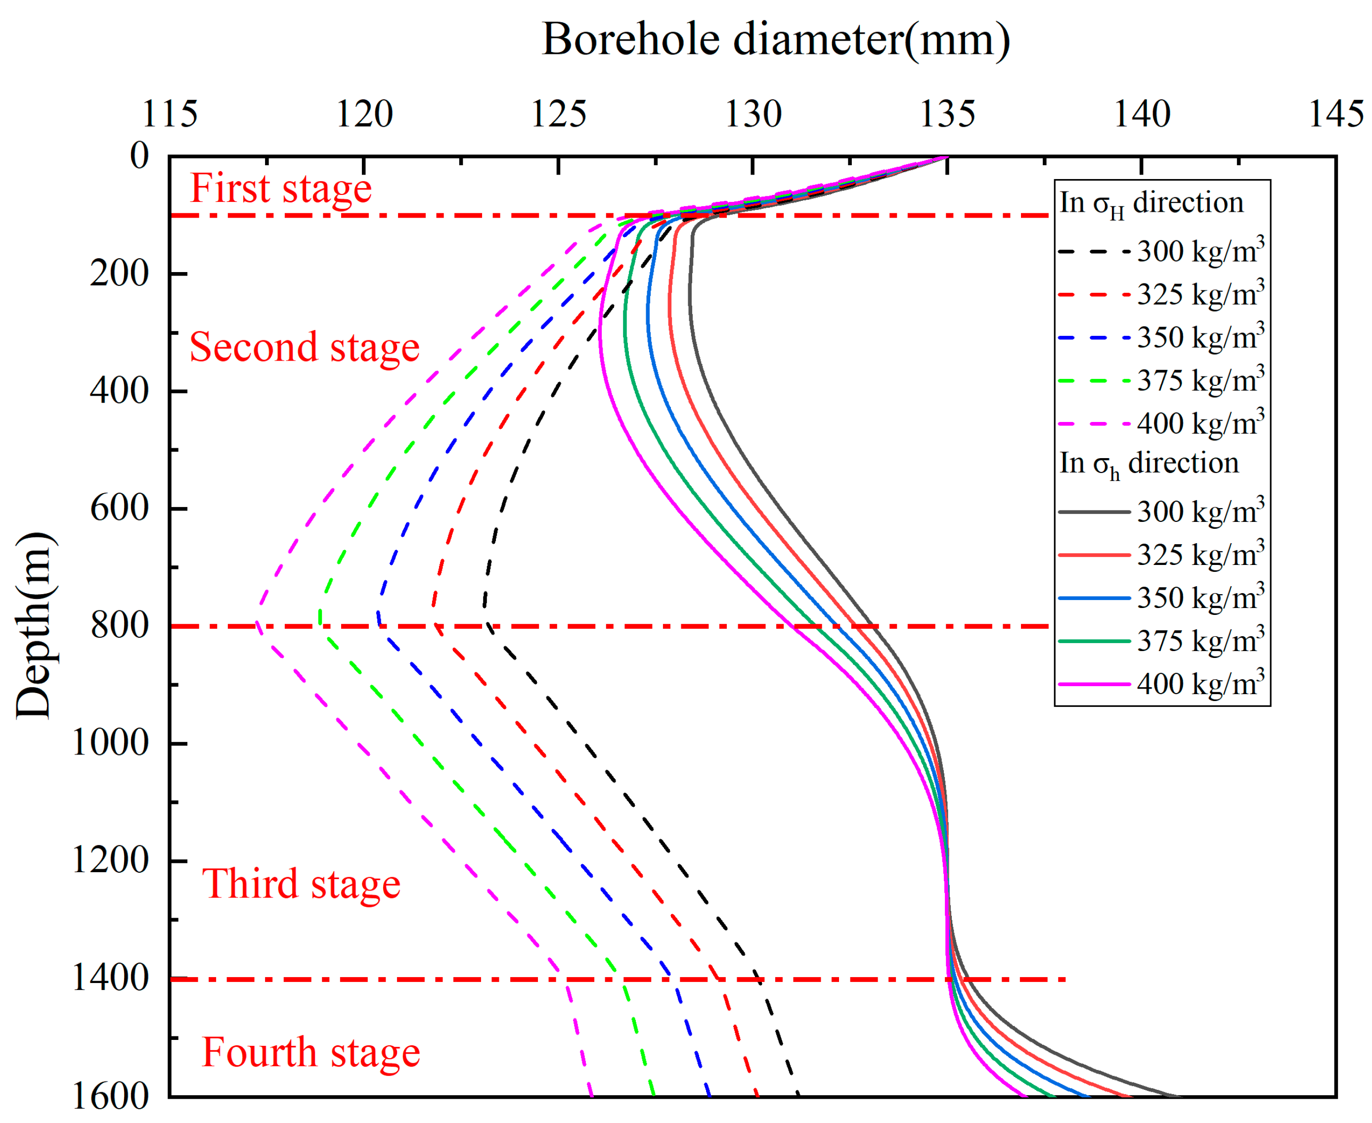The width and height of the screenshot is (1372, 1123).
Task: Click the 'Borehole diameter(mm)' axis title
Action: coord(775,40)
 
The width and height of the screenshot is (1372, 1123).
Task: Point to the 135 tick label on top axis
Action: coord(947,114)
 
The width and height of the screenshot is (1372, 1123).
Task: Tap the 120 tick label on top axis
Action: coord(364,114)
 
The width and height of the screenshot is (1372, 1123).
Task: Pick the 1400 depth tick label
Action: coord(110,978)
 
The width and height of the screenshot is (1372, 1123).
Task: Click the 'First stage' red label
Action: coord(281,189)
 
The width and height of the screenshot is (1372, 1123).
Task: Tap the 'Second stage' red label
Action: coord(304,347)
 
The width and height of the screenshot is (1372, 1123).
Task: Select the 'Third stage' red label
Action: coord(301,884)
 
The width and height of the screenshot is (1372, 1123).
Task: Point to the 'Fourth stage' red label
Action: coord(310,1052)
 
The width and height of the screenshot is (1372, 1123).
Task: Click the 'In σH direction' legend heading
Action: coord(1151,204)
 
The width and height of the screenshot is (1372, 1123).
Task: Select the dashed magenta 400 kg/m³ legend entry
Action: coord(1160,423)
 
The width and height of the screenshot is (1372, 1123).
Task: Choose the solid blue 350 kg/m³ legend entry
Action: coord(1160,598)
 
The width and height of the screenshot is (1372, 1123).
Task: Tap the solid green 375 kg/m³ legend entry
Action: coord(1160,641)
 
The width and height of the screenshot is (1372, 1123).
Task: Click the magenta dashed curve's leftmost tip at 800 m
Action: coord(257,625)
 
